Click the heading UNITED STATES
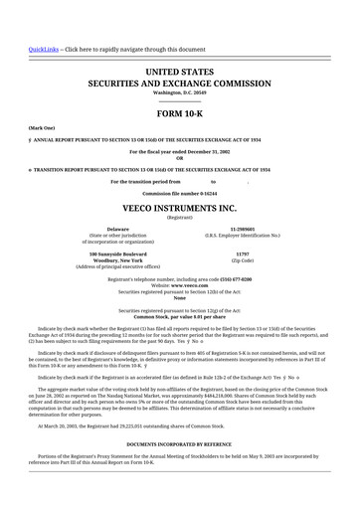180,73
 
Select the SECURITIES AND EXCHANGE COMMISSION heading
180,85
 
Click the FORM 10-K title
180,114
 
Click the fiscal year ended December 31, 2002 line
180,150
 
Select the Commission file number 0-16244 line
180,193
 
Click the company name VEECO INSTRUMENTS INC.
180,209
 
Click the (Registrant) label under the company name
180,218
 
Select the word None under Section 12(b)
180,298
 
